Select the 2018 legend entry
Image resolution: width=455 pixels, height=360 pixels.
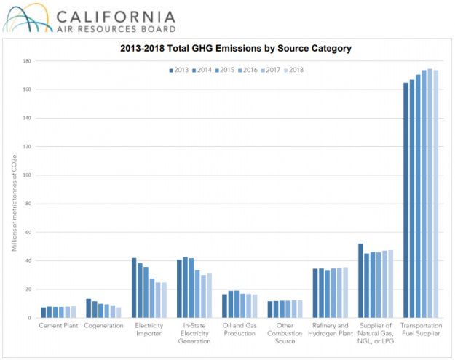(x=293, y=70)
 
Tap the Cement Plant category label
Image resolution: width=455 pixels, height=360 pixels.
(x=58, y=325)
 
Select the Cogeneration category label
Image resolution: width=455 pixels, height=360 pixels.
(x=103, y=325)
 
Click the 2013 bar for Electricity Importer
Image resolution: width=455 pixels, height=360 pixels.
(x=134, y=288)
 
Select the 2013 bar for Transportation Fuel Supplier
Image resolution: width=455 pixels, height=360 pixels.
(x=405, y=200)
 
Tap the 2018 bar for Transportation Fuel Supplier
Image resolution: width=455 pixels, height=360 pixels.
(x=435, y=194)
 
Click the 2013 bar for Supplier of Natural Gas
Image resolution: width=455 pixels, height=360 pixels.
(x=360, y=281)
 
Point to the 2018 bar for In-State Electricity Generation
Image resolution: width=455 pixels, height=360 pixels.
(x=209, y=295)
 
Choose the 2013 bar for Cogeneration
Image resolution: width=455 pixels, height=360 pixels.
(x=89, y=308)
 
